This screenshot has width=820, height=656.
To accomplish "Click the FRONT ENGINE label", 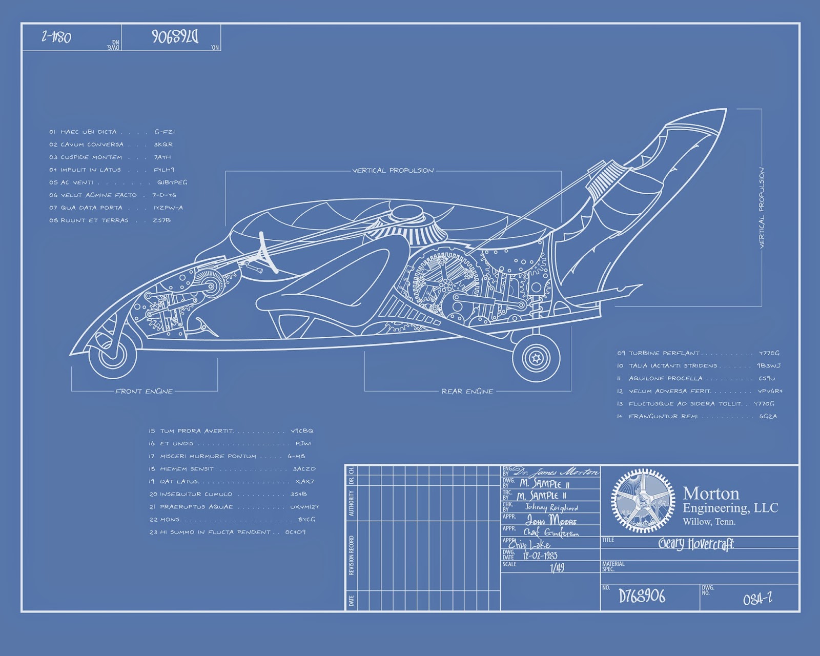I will (x=144, y=392).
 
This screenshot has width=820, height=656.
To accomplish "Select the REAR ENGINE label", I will (x=467, y=392).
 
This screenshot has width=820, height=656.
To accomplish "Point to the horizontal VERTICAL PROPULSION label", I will (x=393, y=171).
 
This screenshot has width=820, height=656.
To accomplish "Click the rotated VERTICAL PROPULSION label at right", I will (x=761, y=208).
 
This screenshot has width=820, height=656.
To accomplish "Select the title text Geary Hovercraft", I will (x=696, y=544).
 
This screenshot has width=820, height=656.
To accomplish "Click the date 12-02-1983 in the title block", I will (x=540, y=556).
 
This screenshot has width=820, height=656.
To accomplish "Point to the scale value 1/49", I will (x=557, y=567).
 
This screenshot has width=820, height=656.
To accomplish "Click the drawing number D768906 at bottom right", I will (x=642, y=596).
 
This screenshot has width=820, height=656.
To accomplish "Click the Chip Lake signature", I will (x=529, y=544).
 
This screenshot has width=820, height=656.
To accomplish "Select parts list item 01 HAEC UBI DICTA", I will (x=83, y=132).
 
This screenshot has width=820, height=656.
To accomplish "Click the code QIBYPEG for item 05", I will (x=172, y=182).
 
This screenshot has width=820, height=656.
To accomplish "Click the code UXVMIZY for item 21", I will (x=304, y=507).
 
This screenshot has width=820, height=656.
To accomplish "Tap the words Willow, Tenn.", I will (x=709, y=522).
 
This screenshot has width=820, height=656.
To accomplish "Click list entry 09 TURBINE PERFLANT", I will (x=658, y=353).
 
